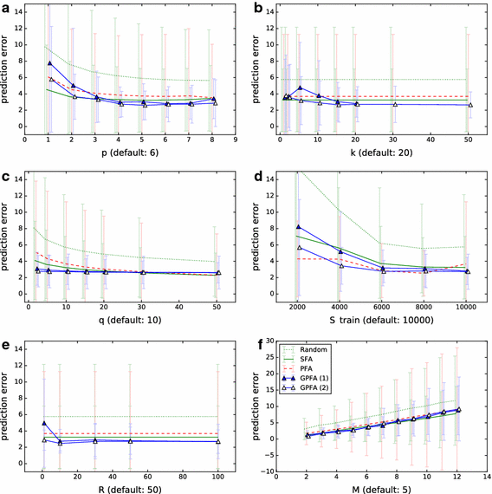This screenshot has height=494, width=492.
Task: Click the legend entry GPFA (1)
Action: [333, 385]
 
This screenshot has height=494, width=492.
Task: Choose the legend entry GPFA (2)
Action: [333, 396]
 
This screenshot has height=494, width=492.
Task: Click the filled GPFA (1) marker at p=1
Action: [50, 63]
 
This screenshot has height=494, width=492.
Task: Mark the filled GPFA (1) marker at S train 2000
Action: [300, 227]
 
